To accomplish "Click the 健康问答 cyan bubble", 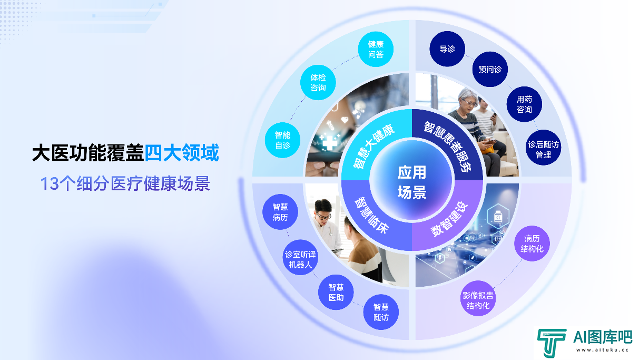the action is click(376, 49).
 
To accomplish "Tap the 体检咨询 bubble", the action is click(318, 83).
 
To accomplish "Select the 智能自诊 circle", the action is click(283, 140).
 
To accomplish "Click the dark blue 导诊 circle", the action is click(447, 49).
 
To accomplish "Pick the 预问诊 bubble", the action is click(490, 69).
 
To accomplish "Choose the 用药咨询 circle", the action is click(524, 104).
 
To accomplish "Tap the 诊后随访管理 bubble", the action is click(544, 148).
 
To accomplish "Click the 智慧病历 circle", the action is click(280, 212).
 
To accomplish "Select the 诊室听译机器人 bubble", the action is click(300, 257).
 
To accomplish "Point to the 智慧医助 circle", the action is click(336, 292).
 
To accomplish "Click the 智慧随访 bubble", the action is click(381, 312).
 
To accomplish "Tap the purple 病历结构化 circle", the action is click(532, 244).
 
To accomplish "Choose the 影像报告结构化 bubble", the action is click(478, 298).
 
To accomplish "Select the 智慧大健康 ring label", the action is click(373, 146).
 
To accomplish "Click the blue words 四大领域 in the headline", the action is click(182, 153).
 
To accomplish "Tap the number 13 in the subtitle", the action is click(50, 183).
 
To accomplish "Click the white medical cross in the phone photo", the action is click(330, 143).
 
